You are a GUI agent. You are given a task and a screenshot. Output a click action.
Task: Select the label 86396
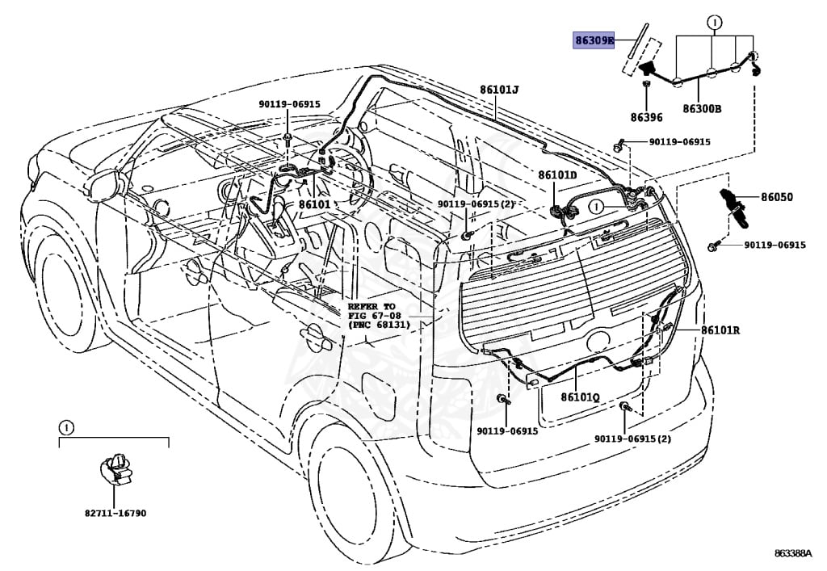coord(646,117)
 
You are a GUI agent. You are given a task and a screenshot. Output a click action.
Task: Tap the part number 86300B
coord(701,108)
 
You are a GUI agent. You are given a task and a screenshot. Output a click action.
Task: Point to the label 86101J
coord(499,90)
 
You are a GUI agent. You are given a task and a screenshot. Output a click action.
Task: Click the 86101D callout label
coord(558,175)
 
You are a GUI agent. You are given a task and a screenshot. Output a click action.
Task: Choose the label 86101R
coord(720,330)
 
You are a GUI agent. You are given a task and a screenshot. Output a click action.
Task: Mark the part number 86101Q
coord(580,397)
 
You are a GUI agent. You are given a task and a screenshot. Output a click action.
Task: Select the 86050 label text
coord(777,197)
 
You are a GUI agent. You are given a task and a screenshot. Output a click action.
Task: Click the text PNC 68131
coord(379,324)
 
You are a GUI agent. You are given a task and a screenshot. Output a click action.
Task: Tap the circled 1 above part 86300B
coord(713,23)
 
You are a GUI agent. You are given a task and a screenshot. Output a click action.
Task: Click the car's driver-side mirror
coord(104,185)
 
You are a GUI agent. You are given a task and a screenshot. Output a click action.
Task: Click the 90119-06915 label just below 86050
coord(775,245)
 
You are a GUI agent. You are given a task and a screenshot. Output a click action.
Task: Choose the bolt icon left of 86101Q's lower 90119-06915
coord(504,401)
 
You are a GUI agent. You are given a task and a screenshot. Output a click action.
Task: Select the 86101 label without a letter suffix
coord(314,204)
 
